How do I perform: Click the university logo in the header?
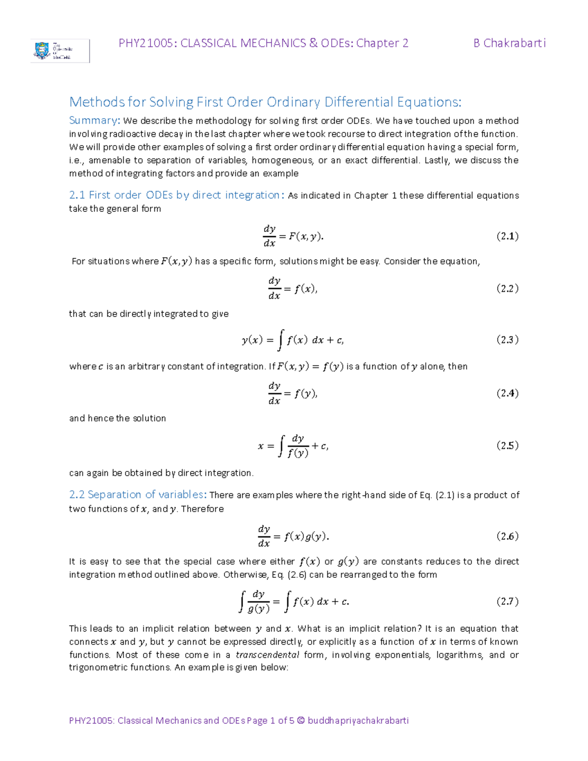tap(59, 51)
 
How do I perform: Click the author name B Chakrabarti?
tap(509, 43)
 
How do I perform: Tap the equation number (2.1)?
tap(507, 236)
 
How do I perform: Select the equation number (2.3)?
tap(507, 340)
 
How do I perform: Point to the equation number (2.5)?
tap(507, 445)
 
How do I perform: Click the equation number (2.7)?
tap(507, 601)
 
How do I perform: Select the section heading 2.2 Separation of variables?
tap(136, 494)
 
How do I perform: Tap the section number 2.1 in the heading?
tap(77, 195)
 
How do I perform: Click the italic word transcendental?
tap(267, 655)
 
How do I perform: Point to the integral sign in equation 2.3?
tap(280, 340)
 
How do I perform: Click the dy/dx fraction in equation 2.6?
tap(264, 536)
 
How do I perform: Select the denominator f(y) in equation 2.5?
tap(298, 453)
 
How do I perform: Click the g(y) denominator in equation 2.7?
tap(258, 609)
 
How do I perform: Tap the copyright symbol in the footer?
tap(301, 720)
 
